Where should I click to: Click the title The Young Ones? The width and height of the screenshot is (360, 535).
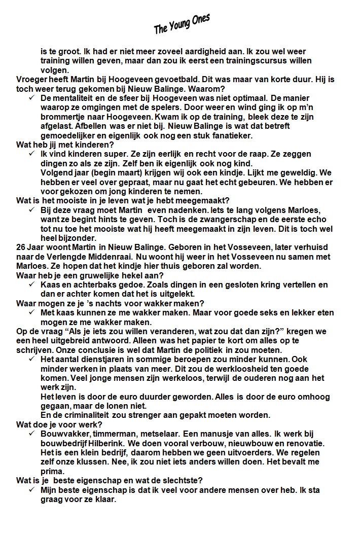182,24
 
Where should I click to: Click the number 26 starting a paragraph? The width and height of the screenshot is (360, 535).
21,247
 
